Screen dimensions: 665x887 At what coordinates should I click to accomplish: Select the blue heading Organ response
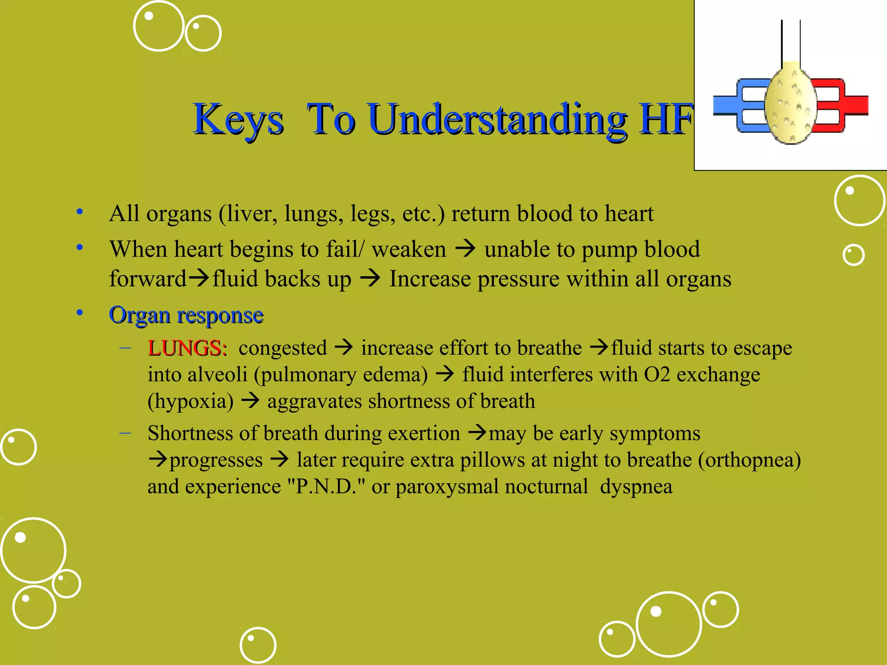[186, 315]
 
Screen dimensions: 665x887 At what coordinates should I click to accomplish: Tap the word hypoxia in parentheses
[191, 401]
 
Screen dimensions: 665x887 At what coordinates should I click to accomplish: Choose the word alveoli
[217, 374]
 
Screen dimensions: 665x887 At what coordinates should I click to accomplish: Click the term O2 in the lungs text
[657, 374]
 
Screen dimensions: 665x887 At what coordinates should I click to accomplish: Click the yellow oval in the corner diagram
[791, 104]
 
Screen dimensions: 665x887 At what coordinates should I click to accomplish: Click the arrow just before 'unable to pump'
[466, 249]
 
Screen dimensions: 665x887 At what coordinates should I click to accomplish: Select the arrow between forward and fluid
[199, 278]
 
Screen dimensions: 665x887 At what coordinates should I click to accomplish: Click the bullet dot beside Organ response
[80, 313]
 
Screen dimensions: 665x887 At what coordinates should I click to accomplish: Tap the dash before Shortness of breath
[126, 433]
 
